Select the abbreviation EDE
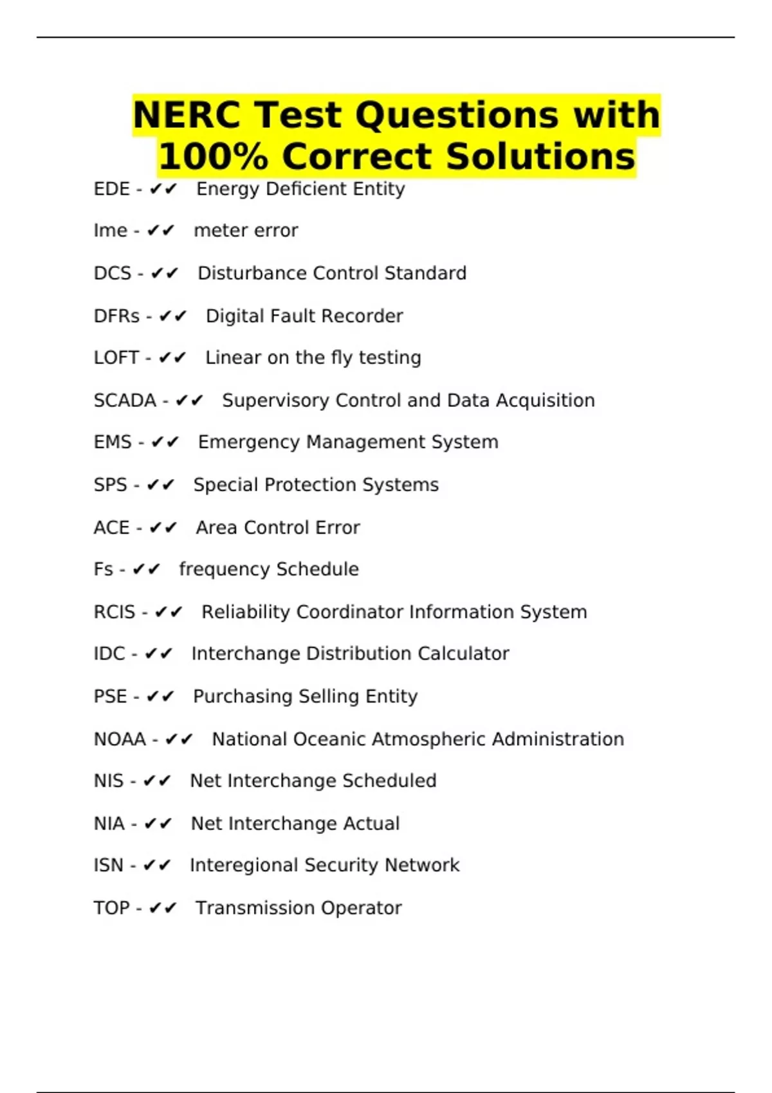point(112,189)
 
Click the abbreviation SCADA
point(125,401)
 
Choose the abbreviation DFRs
point(116,316)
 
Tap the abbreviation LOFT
point(116,357)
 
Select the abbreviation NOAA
point(120,739)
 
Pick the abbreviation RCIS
point(115,612)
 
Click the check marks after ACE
point(163,528)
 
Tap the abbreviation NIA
point(109,824)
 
